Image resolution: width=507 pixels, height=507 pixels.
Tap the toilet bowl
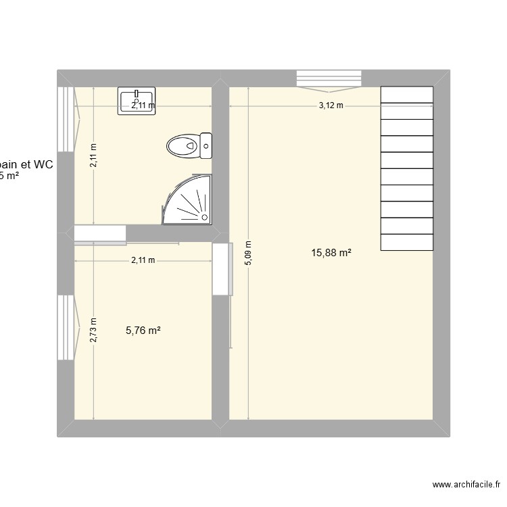click(183, 145)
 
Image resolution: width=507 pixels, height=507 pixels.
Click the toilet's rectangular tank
click(206, 145)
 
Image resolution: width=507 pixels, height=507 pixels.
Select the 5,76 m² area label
click(143, 331)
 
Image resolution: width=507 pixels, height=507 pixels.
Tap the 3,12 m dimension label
click(331, 105)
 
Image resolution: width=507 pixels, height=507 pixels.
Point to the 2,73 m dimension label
click(93, 331)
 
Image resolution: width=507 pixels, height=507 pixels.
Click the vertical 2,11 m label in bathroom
click(93, 156)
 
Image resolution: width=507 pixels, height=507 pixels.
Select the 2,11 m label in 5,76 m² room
click(143, 260)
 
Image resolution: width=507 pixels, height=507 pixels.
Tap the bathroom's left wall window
click(66, 120)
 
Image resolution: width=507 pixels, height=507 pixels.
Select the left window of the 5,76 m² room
click(66, 327)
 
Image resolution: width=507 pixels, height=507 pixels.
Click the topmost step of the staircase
click(407, 95)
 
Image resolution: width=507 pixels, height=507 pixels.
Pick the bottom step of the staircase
click(407, 241)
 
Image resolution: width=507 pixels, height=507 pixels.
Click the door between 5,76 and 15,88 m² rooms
click(221, 269)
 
